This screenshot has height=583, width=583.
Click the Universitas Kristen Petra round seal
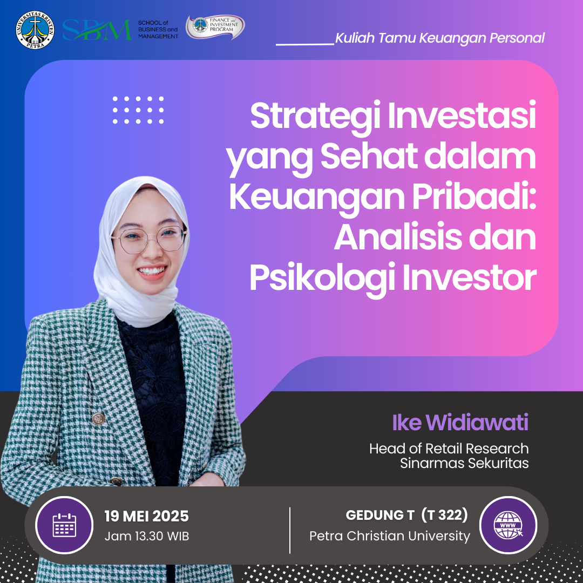click(35, 30)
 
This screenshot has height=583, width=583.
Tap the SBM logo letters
click(97, 30)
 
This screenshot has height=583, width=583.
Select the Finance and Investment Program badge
click(215, 27)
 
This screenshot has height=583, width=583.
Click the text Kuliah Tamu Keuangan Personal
click(440, 38)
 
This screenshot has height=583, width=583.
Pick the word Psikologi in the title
click(322, 279)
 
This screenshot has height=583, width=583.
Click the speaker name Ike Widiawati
click(460, 422)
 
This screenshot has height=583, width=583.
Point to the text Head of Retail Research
click(449, 449)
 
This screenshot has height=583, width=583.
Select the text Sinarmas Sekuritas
click(464, 463)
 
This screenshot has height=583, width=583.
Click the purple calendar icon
click(64, 525)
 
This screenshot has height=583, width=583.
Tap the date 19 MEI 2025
click(146, 516)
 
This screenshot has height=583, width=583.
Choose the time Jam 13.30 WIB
click(146, 536)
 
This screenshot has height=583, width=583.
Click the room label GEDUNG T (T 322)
click(407, 516)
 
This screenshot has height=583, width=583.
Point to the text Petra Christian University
click(390, 536)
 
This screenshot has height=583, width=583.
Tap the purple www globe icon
click(508, 525)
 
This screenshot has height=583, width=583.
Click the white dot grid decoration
click(138, 110)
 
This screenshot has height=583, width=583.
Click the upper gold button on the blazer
click(98, 419)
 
